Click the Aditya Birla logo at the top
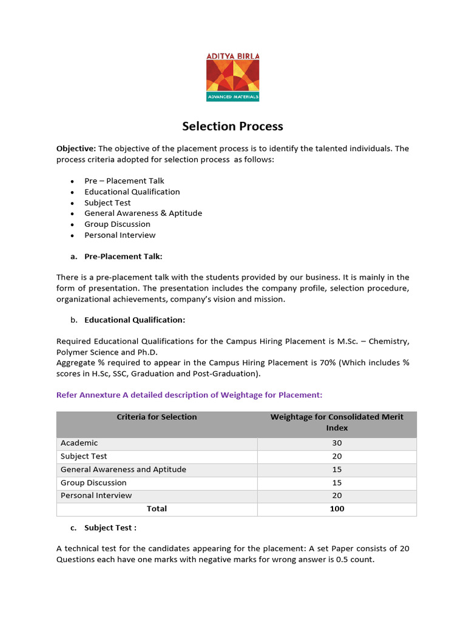click(x=233, y=76)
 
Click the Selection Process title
click(x=233, y=126)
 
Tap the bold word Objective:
click(x=76, y=149)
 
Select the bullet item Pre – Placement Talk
click(x=124, y=181)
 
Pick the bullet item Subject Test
click(x=107, y=203)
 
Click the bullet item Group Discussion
click(x=117, y=224)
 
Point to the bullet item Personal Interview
click(x=120, y=235)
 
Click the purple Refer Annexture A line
click(x=189, y=395)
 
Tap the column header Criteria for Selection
click(x=157, y=417)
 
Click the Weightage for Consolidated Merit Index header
click(x=337, y=422)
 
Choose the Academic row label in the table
click(x=79, y=443)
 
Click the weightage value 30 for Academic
click(x=337, y=443)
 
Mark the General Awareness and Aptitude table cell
click(x=123, y=469)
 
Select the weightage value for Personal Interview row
click(x=337, y=495)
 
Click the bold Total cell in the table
click(x=157, y=509)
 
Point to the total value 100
click(x=337, y=509)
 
